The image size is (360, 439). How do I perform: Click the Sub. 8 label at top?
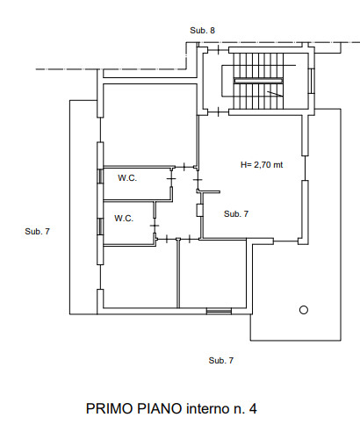tap(202, 31)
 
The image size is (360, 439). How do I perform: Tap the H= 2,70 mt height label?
tap(262, 165)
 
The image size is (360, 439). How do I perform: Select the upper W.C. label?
tap(127, 178)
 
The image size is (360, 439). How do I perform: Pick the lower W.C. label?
tap(124, 219)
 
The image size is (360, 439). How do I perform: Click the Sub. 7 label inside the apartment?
tap(236, 214)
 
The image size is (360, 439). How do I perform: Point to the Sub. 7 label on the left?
tap(38, 232)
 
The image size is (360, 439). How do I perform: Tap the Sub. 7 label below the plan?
tap(221, 360)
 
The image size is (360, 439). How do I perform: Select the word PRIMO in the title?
tap(110, 408)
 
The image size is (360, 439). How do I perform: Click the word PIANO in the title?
tap(159, 408)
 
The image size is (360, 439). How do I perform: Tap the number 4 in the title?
tap(253, 408)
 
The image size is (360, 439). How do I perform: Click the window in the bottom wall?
tap(219, 311)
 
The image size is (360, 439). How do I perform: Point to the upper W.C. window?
tap(100, 176)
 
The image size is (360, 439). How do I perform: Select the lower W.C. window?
tap(100, 227)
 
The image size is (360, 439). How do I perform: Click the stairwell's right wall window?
tap(312, 81)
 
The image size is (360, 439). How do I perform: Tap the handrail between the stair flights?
tap(258, 81)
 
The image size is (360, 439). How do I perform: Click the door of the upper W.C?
tap(171, 178)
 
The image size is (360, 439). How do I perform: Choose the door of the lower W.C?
tap(155, 226)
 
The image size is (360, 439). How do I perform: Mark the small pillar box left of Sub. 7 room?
tap(199, 210)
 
